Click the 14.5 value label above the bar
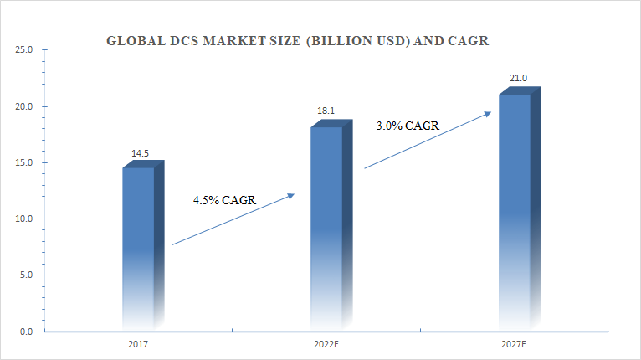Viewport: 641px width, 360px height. click(140, 153)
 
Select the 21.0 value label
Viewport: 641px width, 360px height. click(518, 78)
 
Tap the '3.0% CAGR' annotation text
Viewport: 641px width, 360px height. click(408, 126)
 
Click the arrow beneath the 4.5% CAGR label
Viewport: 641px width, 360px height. click(233, 219)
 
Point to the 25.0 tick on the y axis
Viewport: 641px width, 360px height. click(24, 50)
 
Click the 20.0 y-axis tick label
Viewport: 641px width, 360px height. click(24, 106)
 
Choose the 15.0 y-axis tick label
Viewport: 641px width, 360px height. click(24, 162)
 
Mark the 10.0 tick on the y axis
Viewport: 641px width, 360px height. click(24, 219)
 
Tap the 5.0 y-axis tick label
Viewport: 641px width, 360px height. click(26, 275)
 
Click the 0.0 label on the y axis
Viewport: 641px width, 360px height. click(26, 332)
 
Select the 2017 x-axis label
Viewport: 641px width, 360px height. click(138, 344)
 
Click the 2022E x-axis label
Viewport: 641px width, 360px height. click(326, 344)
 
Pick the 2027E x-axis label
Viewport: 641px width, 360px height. click(514, 344)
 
